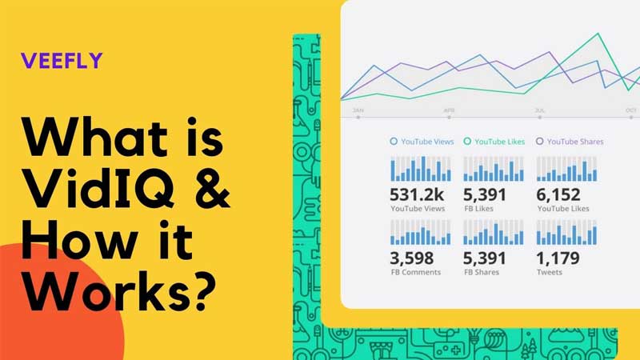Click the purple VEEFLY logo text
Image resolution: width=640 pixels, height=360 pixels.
(62, 61)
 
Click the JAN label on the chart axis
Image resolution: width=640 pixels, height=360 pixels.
(358, 110)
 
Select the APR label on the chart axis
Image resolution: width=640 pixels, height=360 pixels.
(450, 110)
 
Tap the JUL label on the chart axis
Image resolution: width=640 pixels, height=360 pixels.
(540, 110)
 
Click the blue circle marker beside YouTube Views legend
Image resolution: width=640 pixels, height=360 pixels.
(394, 142)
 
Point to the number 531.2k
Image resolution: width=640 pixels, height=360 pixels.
(417, 194)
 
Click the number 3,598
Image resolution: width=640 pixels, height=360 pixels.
(412, 258)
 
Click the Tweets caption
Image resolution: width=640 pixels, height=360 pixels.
(549, 272)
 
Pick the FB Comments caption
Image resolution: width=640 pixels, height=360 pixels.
(415, 272)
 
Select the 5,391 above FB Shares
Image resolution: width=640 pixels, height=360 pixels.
(486, 258)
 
